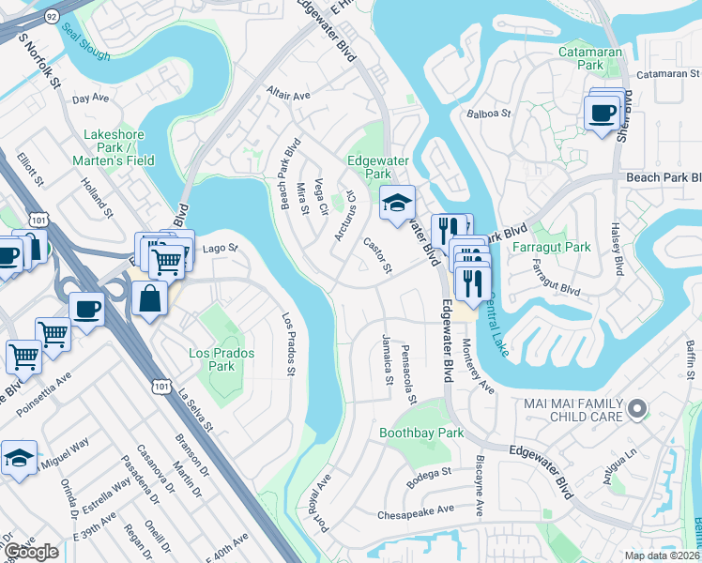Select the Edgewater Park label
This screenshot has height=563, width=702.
(369, 167)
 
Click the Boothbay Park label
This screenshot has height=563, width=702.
(421, 434)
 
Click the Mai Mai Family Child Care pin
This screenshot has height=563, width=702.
(637, 408)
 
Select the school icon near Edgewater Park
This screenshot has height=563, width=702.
(397, 201)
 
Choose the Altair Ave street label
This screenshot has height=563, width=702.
(288, 96)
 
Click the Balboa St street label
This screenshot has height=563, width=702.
(488, 114)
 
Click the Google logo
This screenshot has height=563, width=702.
(31, 551)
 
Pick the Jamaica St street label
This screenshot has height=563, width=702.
(387, 359)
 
